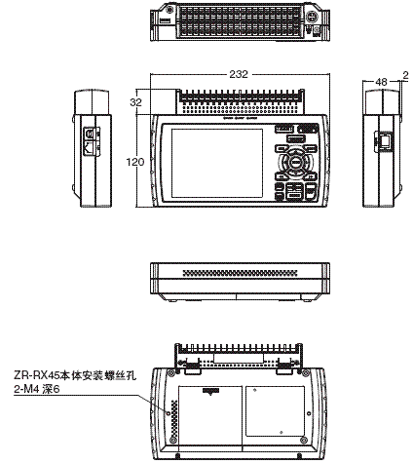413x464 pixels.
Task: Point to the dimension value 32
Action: pyautogui.click(x=137, y=101)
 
